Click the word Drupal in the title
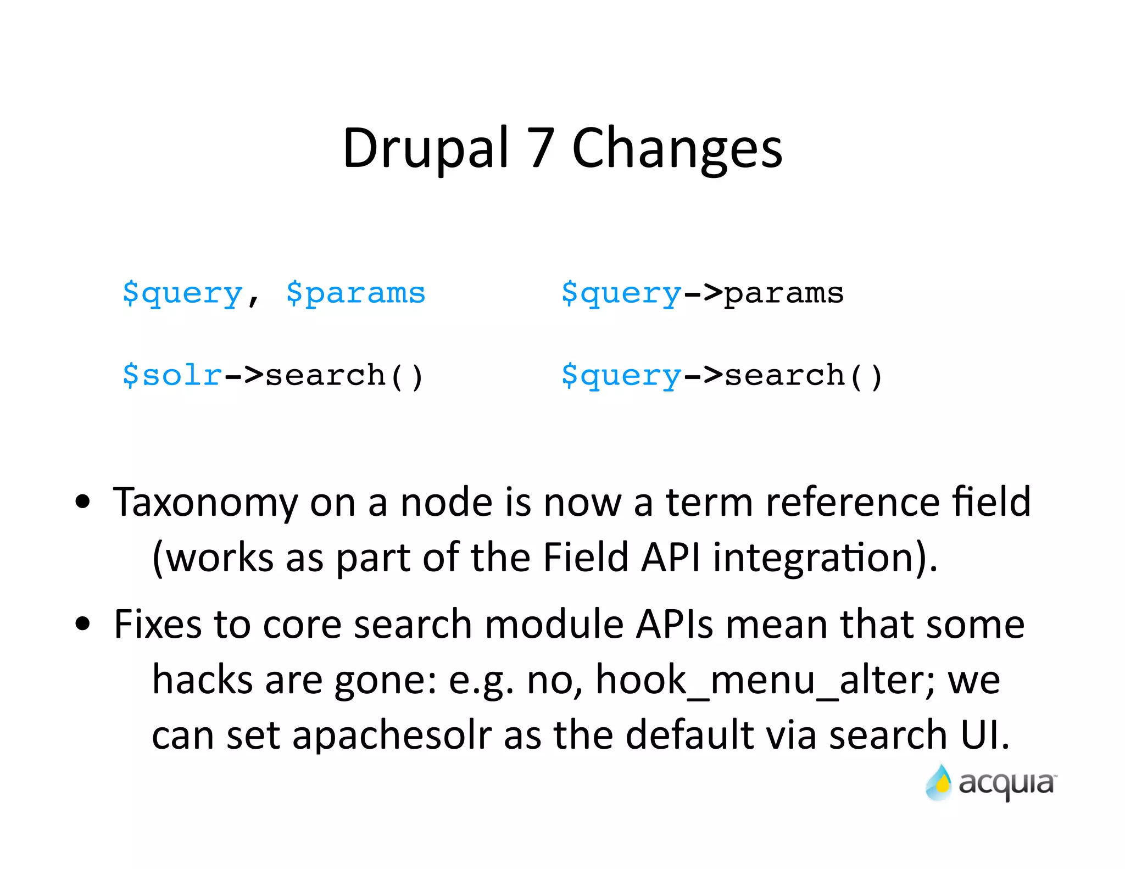coord(426,148)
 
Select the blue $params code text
coord(355,293)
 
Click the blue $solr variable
coord(172,375)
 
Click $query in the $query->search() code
coord(621,376)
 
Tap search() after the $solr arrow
coord(344,376)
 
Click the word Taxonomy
coord(205,503)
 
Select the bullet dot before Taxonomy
coord(82,501)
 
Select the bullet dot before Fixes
coord(82,623)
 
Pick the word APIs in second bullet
coord(674,625)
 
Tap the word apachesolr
coord(392,735)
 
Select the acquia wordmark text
coord(1006,784)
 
